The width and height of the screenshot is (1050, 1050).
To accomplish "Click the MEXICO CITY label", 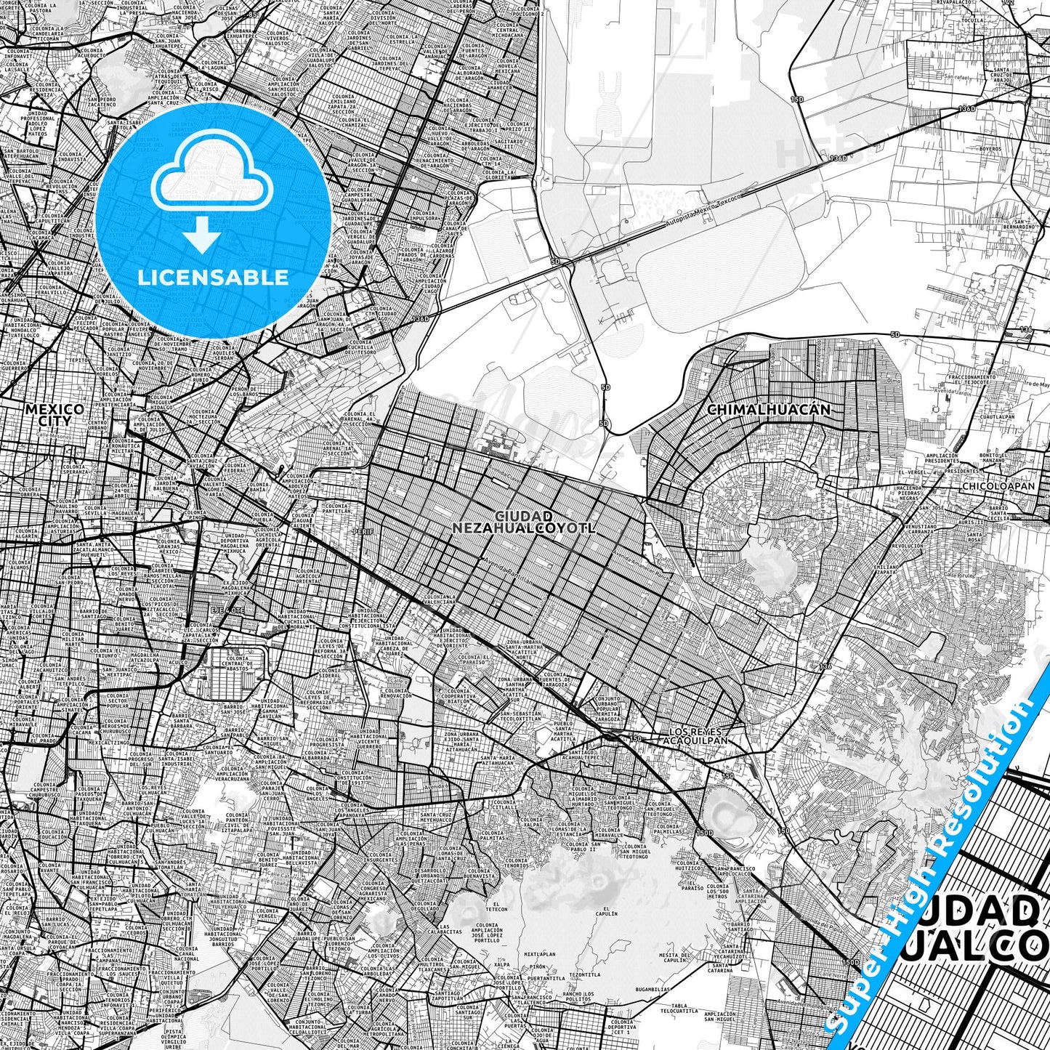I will pyautogui.click(x=54, y=415).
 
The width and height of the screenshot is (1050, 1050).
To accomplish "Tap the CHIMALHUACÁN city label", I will pyautogui.click(x=768, y=410).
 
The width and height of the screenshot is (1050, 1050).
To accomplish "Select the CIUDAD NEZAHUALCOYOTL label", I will pyautogui.click(x=523, y=522).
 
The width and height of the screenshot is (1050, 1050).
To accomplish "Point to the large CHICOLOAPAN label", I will pyautogui.click(x=1006, y=486).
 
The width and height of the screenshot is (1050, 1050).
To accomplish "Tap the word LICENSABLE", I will pyautogui.click(x=213, y=278).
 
